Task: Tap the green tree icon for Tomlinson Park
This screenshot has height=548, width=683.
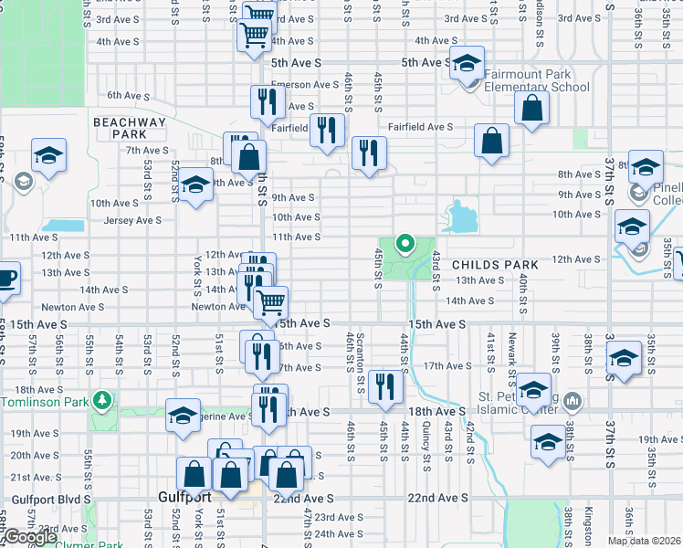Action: coord(104,400)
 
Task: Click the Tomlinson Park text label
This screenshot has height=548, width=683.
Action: coord(46,402)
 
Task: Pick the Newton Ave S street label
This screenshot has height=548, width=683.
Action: coord(218,307)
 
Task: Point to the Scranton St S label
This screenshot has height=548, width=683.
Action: coord(362,358)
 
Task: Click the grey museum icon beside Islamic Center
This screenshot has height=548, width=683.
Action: coord(573,400)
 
